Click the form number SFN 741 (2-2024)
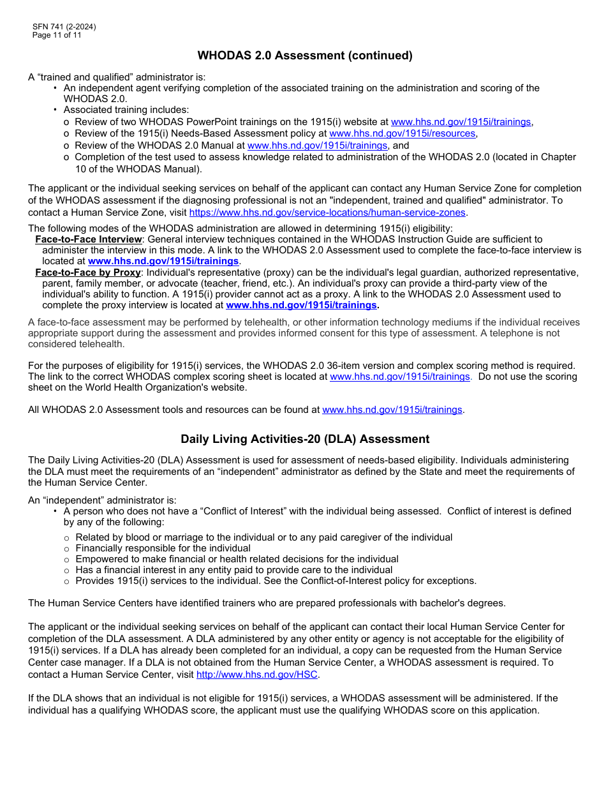(64, 27)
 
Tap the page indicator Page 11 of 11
(57, 35)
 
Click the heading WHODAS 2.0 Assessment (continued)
(305, 56)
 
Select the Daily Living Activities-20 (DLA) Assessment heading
(305, 439)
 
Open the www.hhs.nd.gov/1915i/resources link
(402, 133)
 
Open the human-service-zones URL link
(328, 213)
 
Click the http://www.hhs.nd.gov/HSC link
(256, 675)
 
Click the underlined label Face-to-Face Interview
(89, 239)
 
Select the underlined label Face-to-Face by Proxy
(88, 273)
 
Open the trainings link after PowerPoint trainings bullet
(461, 122)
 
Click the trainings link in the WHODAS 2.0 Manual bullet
(317, 146)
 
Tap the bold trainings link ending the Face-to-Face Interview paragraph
(163, 261)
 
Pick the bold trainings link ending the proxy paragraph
(301, 305)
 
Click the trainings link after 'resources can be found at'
(392, 410)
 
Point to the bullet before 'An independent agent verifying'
(55, 88)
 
